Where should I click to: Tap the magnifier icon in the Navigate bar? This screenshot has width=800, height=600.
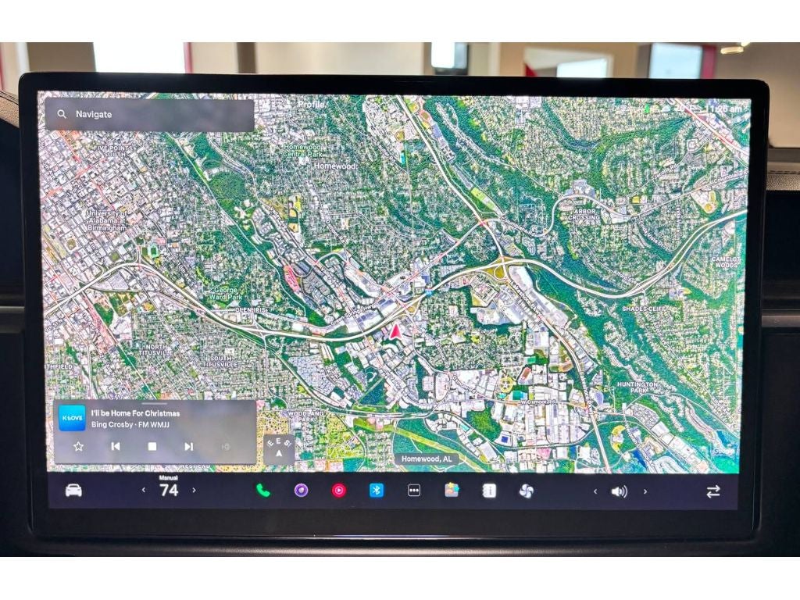(x=61, y=115)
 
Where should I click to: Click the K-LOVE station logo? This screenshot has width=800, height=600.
(x=73, y=418)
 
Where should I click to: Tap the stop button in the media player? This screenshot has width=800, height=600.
(x=152, y=446)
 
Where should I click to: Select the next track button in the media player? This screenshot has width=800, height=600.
(x=188, y=446)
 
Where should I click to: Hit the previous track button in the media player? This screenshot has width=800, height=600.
(x=116, y=446)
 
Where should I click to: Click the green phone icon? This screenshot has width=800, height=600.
(x=263, y=491)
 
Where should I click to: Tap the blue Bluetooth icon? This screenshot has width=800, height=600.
(x=377, y=491)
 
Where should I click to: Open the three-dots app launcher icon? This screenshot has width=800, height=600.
(x=414, y=491)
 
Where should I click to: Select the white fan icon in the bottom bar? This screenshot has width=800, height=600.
(x=526, y=491)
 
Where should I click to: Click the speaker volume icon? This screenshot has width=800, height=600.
(x=619, y=491)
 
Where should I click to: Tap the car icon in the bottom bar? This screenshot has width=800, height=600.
(x=73, y=491)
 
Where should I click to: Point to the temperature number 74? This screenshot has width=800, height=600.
(x=169, y=491)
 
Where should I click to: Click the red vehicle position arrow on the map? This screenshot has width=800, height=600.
(x=395, y=331)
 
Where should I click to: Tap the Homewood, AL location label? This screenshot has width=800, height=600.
(x=427, y=459)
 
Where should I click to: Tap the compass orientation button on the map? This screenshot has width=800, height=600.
(x=279, y=448)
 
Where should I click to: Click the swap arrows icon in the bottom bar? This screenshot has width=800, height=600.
(x=712, y=491)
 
